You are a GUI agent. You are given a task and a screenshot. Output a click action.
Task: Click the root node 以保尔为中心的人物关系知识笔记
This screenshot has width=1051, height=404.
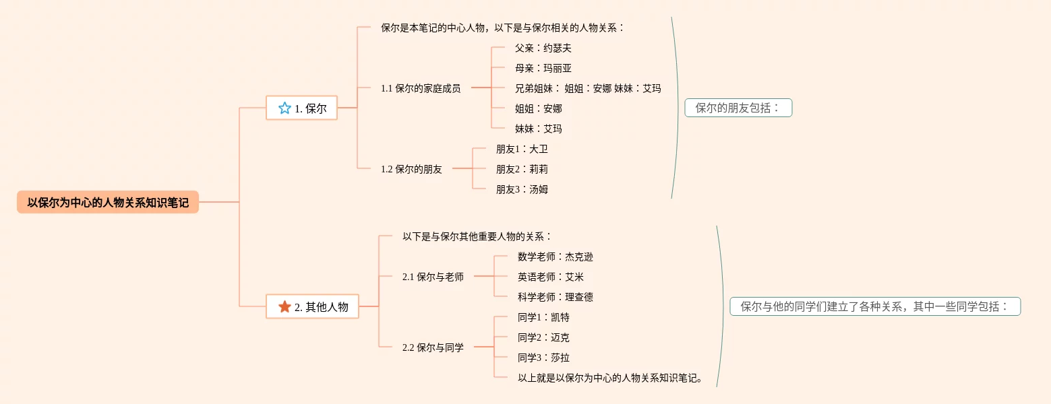click(108, 202)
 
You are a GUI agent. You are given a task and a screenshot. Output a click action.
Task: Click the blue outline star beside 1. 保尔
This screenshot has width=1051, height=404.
click(284, 108)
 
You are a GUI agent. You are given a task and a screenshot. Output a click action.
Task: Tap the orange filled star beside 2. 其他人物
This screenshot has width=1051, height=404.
click(284, 306)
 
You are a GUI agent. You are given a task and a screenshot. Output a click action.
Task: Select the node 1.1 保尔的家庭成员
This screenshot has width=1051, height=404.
click(421, 88)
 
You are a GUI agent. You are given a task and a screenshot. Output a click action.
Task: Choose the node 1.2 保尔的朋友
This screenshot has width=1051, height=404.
click(411, 169)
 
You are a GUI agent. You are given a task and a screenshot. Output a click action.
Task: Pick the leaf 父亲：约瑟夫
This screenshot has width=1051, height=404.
click(543, 48)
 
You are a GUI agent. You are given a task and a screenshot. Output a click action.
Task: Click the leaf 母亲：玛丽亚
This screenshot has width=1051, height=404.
click(543, 68)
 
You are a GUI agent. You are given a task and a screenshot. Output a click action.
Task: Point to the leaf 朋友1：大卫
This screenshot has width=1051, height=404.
click(522, 149)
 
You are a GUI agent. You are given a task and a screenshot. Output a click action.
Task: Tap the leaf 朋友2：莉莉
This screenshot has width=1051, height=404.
click(522, 169)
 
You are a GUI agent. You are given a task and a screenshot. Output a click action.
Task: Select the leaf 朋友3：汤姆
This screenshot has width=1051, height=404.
click(522, 189)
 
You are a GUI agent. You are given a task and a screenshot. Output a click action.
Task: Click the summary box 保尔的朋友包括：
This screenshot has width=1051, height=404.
click(738, 108)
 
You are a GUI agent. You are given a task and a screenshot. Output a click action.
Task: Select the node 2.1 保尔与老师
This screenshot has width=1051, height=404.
click(433, 277)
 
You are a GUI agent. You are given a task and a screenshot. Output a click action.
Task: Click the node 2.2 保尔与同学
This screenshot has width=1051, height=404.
click(433, 347)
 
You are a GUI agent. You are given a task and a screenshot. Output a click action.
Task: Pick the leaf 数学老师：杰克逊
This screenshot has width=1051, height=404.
click(555, 257)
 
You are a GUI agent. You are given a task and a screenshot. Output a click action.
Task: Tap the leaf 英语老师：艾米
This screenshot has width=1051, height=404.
click(551, 277)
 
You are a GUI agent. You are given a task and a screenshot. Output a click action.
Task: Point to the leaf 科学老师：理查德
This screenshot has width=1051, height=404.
click(555, 297)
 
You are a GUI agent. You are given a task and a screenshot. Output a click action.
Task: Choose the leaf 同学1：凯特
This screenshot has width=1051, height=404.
click(543, 317)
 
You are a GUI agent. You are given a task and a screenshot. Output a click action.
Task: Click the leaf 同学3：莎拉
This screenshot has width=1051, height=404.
click(543, 358)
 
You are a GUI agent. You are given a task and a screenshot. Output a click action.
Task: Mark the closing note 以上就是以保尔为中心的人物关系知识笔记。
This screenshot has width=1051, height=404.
click(611, 378)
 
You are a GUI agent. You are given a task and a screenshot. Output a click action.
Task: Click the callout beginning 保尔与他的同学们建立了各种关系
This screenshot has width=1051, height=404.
click(875, 306)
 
